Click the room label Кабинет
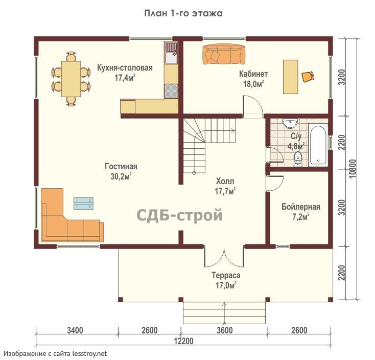pos(253,74)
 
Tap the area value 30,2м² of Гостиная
pos(121,176)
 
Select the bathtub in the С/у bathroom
pos(318,144)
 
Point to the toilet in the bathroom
pos(298,159)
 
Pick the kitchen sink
pos(171,53)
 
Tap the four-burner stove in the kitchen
pos(171,91)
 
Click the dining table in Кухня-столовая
pos(71,79)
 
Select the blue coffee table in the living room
pos(83,203)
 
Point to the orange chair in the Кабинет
pos(308,77)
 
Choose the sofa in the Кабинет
pos(224,54)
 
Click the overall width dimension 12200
pos(183,341)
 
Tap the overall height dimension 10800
pos(353,169)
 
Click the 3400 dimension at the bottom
pos(75,330)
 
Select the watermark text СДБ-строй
pos(179,215)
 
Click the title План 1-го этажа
pos(183,13)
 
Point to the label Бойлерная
pos(300,207)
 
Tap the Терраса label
pos(226,275)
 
